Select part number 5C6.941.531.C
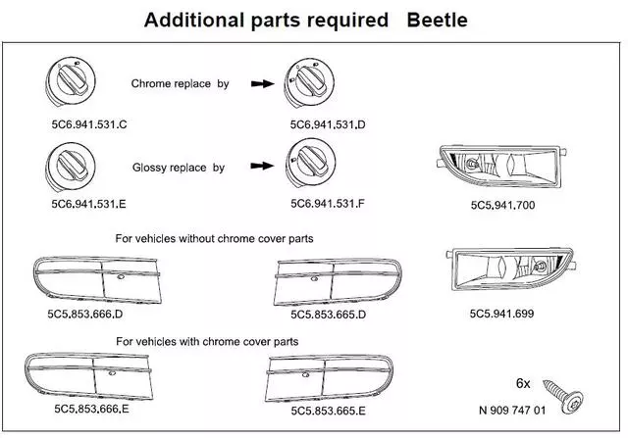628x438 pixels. [x=87, y=126]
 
